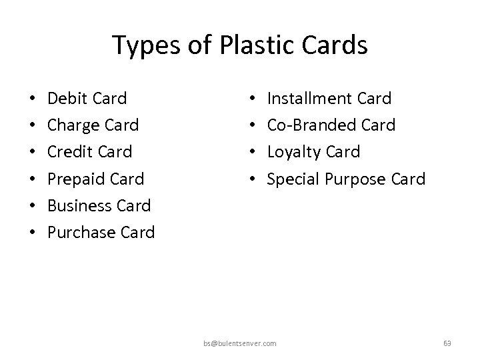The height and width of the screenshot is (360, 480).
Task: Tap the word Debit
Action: (68, 99)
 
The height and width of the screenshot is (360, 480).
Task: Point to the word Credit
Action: (71, 152)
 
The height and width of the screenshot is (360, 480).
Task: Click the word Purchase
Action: (83, 232)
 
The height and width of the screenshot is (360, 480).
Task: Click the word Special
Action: (293, 179)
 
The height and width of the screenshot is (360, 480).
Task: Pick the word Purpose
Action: (350, 179)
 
